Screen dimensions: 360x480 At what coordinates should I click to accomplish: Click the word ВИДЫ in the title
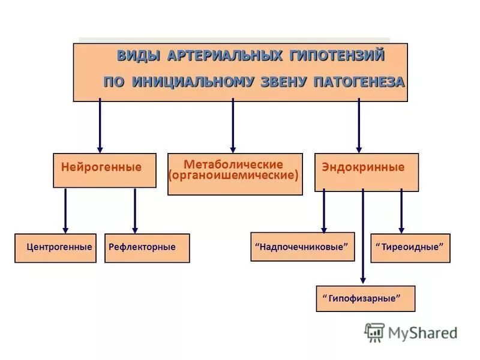click(138, 56)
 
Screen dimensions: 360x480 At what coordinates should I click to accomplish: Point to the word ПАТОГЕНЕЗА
click(359, 82)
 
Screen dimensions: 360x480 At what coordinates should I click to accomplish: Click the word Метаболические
click(233, 164)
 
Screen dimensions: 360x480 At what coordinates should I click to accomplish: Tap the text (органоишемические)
click(233, 176)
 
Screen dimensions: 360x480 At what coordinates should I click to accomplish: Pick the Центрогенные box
click(55, 248)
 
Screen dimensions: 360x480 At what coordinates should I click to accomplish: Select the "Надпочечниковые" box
click(302, 247)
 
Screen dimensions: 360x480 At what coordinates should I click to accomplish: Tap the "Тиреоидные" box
click(410, 248)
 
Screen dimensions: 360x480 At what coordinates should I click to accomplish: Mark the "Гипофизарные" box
click(365, 298)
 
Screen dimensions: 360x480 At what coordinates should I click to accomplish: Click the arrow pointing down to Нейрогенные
click(100, 126)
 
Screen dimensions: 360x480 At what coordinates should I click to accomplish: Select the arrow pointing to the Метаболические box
click(233, 126)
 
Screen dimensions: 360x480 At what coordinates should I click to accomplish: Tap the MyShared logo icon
click(374, 332)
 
